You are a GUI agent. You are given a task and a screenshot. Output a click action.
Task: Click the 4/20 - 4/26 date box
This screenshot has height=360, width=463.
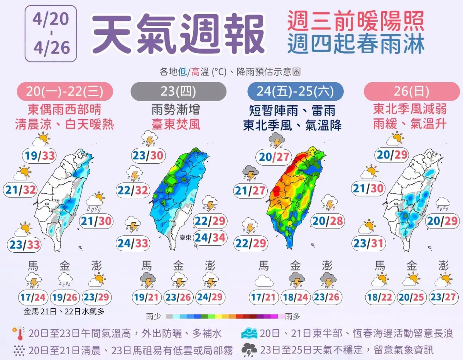(51, 34)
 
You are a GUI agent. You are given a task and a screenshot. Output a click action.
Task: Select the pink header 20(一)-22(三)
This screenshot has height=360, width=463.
(64, 91)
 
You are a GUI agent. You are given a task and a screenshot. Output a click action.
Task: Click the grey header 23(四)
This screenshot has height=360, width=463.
(178, 91)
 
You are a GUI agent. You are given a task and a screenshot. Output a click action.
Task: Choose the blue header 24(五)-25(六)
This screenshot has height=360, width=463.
(295, 91)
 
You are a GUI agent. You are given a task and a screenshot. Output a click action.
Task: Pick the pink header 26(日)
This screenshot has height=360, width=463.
(412, 91)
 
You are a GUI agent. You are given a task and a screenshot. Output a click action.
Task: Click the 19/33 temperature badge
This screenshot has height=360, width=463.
(39, 155)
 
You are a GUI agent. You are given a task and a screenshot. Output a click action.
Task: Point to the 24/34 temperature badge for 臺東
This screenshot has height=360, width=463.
(210, 237)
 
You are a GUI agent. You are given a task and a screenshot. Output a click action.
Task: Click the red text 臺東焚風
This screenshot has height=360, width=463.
(178, 125)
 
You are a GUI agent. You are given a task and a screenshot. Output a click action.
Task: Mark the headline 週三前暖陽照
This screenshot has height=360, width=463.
(355, 22)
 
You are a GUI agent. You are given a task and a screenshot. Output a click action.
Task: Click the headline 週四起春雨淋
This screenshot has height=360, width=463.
(355, 44)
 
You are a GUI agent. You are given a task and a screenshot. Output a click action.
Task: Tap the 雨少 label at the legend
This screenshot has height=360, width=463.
(153, 317)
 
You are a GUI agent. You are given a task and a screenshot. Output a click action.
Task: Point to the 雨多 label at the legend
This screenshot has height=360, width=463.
(292, 317)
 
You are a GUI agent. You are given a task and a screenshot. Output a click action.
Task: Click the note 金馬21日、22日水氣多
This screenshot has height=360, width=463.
(64, 311)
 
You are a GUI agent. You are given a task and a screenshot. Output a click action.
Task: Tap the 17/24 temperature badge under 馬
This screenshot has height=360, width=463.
(33, 297)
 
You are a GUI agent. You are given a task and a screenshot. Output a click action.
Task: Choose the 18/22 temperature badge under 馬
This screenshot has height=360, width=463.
(380, 297)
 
